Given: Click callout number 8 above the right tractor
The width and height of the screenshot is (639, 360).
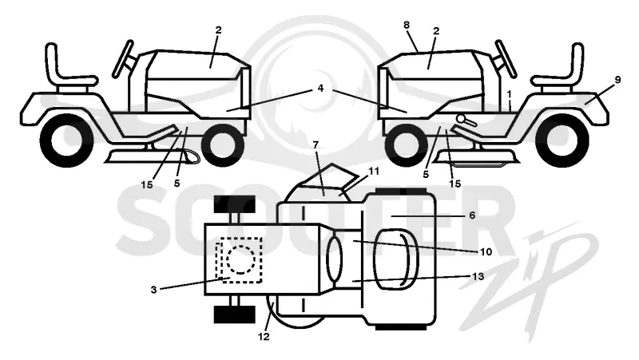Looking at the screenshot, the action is [x=407, y=26].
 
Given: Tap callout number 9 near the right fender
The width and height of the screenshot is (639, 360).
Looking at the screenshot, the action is [x=617, y=80].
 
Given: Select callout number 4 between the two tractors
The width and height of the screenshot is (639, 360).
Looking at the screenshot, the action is [x=321, y=88].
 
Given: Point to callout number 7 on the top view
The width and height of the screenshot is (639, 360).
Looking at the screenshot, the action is [x=316, y=144].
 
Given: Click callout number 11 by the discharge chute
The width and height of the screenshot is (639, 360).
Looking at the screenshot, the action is [x=374, y=171].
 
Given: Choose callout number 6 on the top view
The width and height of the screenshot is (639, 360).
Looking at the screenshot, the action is [x=472, y=215].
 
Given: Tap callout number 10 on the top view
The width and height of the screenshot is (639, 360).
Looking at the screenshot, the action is [x=486, y=252].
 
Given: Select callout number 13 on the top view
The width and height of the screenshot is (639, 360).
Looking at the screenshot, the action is [x=478, y=276].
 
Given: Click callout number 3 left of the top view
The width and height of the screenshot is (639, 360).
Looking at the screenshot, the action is [x=153, y=290].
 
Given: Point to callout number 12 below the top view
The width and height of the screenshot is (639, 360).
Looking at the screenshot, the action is [x=264, y=337].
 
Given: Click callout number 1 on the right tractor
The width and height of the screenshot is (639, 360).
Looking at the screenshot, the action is [x=509, y=94].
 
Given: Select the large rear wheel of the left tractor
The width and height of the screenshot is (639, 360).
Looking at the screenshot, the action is [x=66, y=140].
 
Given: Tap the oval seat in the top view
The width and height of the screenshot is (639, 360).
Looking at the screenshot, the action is [x=396, y=259].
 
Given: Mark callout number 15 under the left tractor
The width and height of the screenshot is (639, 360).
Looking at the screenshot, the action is [x=147, y=184].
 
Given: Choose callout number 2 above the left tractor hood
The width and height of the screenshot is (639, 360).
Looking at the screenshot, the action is [x=218, y=30].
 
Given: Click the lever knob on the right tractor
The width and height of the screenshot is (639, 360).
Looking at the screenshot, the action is [x=461, y=118].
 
